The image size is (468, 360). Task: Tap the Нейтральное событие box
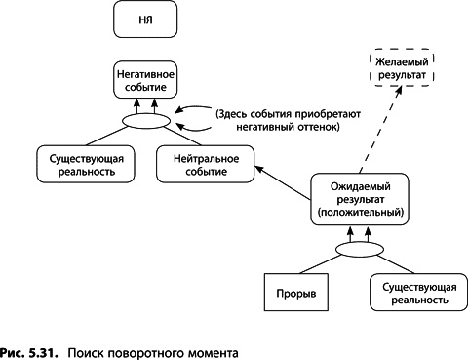205,163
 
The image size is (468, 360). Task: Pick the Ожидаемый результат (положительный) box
357,197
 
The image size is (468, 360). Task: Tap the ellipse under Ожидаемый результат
357,250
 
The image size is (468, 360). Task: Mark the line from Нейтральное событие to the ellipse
176,137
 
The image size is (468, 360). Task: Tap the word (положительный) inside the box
358,211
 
